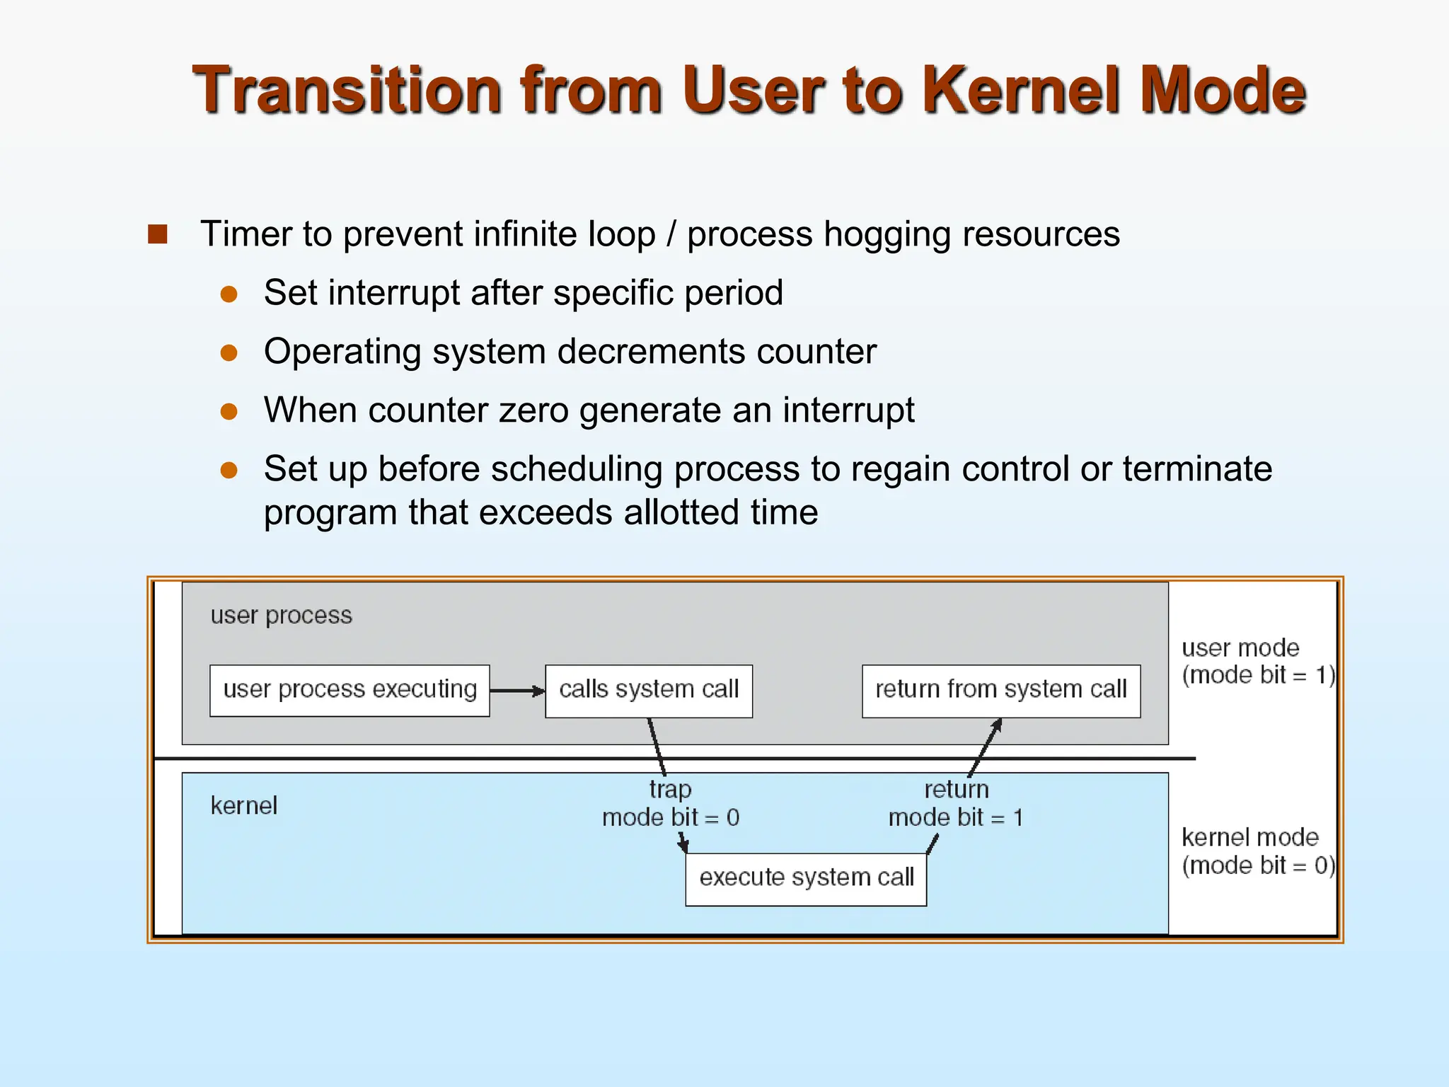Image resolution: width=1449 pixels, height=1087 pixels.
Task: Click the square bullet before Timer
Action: point(158,234)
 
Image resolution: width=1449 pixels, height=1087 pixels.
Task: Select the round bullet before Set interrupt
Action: point(229,294)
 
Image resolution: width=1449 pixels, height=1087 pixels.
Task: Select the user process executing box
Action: point(350,690)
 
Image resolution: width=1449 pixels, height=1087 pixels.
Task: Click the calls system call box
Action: point(648,690)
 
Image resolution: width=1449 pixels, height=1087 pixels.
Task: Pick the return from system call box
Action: point(1000,690)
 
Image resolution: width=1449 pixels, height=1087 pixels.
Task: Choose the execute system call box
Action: point(806,878)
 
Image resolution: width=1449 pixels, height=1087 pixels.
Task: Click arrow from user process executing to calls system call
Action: point(516,691)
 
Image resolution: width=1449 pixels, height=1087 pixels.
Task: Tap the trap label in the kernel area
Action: point(670,789)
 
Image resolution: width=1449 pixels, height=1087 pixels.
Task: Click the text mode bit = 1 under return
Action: point(955,818)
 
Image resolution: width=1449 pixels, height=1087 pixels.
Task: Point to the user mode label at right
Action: point(1240,648)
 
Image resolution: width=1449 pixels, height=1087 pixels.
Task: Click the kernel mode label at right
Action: point(1249,838)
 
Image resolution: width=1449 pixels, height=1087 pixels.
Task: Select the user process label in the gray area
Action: point(281,616)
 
